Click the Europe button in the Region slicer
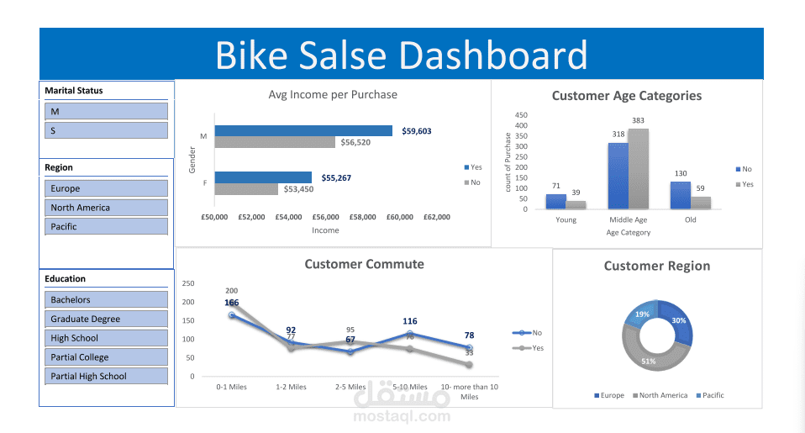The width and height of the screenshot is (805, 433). click(x=105, y=188)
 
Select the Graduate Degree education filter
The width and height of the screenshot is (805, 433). click(x=105, y=319)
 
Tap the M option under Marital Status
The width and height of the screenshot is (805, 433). click(x=105, y=111)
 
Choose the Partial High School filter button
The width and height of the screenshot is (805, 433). click(x=105, y=376)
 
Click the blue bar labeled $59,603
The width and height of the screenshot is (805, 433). click(x=303, y=130)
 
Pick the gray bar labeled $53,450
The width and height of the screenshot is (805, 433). click(x=245, y=189)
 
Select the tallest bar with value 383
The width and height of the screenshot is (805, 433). click(x=638, y=168)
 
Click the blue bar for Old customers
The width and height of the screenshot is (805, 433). click(x=680, y=195)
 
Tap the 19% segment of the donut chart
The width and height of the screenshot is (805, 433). click(x=642, y=314)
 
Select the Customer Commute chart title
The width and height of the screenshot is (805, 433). click(x=364, y=264)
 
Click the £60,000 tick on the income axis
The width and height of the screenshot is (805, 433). click(x=400, y=217)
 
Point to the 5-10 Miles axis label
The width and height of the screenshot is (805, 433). click(x=410, y=387)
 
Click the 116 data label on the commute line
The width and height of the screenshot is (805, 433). click(x=410, y=321)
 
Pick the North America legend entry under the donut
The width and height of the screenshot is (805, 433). click(x=663, y=395)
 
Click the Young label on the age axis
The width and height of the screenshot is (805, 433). click(x=566, y=219)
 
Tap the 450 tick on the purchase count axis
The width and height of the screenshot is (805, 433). click(x=521, y=114)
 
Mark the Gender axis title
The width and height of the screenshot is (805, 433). click(x=192, y=158)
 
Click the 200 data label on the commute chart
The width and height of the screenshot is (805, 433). click(x=232, y=290)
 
